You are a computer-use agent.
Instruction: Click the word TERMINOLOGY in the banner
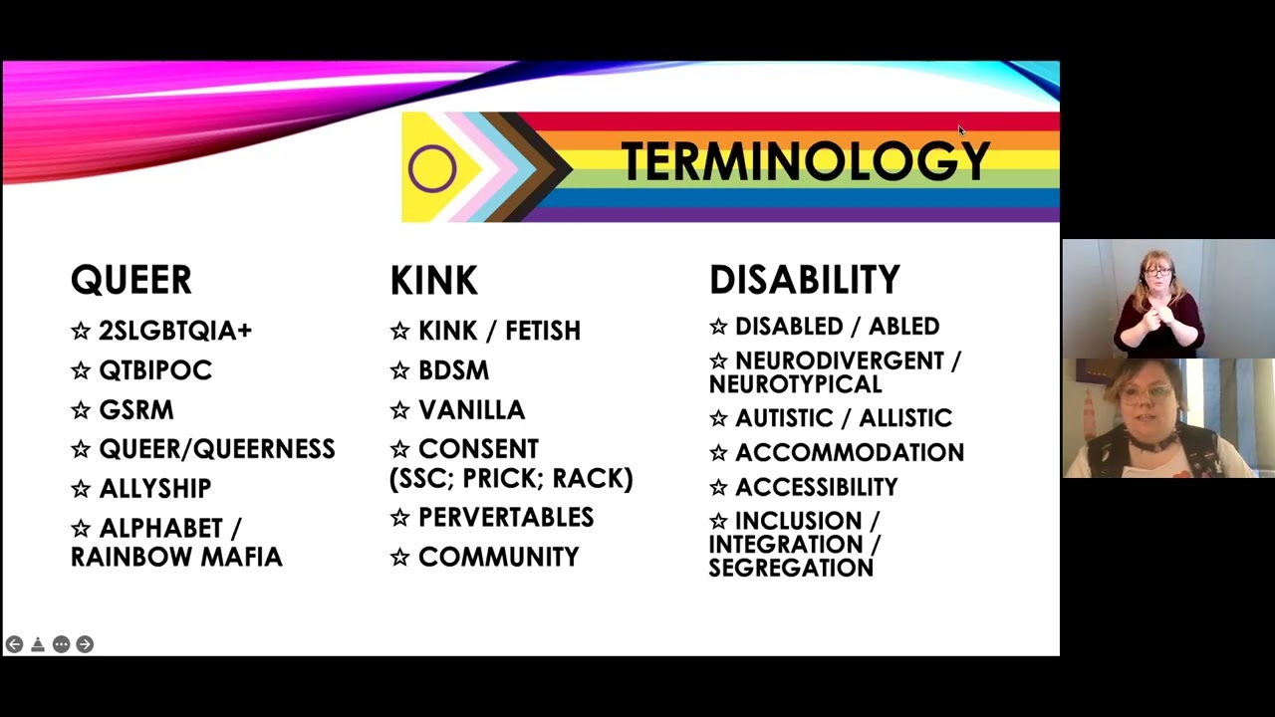pyautogui.click(x=805, y=161)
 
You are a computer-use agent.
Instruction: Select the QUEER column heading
pyautogui.click(x=130, y=281)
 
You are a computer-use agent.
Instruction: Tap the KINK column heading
pyautogui.click(x=433, y=281)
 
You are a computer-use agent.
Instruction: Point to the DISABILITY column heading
pyautogui.click(x=804, y=281)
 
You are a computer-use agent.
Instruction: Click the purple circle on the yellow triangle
pyautogui.click(x=431, y=167)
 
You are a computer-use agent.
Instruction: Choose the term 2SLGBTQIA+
pyautogui.click(x=175, y=331)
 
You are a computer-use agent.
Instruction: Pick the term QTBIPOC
pyautogui.click(x=155, y=370)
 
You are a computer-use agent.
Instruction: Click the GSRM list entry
pyautogui.click(x=136, y=409)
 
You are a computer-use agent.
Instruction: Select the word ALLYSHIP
pyautogui.click(x=155, y=488)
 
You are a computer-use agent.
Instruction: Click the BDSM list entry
pyautogui.click(x=453, y=370)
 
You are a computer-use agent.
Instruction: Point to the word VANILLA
pyautogui.click(x=471, y=409)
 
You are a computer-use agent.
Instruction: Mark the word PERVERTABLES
pyautogui.click(x=506, y=517)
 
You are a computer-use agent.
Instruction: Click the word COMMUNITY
pyautogui.click(x=498, y=557)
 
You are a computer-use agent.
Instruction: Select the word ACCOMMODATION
pyautogui.click(x=850, y=452)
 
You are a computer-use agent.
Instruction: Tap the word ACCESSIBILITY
pyautogui.click(x=817, y=487)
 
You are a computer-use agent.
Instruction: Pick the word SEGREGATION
pyautogui.click(x=791, y=568)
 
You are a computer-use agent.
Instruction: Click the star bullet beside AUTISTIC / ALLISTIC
pyautogui.click(x=718, y=418)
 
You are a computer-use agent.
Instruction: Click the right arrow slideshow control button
pyautogui.click(x=85, y=644)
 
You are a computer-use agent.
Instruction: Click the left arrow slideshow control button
pyautogui.click(x=14, y=644)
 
